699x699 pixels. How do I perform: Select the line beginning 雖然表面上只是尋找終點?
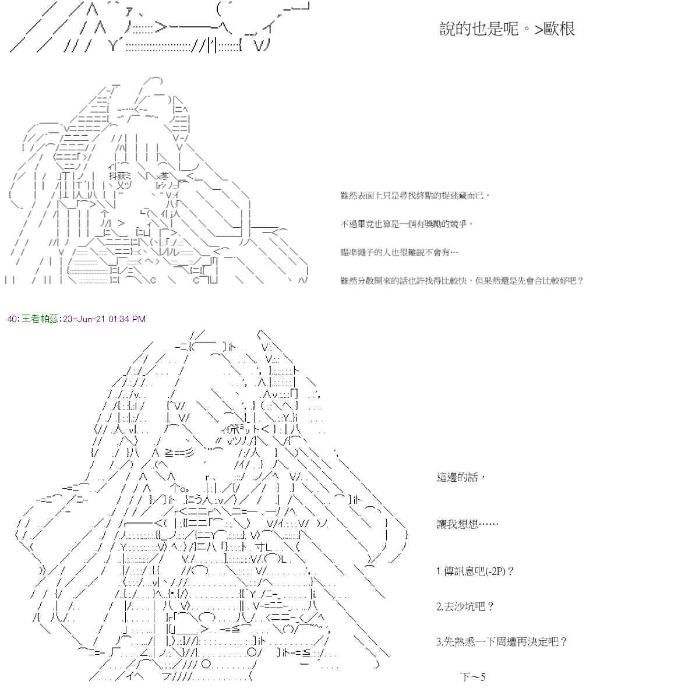point(415,196)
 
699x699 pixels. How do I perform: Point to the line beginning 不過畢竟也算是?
point(407,224)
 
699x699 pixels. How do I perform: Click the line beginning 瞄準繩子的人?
point(399,252)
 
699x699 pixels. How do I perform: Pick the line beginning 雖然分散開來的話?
point(461,281)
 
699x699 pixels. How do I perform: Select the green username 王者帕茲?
point(40,319)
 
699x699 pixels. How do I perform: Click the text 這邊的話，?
point(460,478)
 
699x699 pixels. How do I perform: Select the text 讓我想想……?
point(467,524)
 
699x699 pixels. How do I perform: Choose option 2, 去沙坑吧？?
point(465,607)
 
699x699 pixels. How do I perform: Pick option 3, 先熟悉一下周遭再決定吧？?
point(501,642)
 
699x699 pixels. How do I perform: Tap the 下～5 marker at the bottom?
point(472,677)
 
